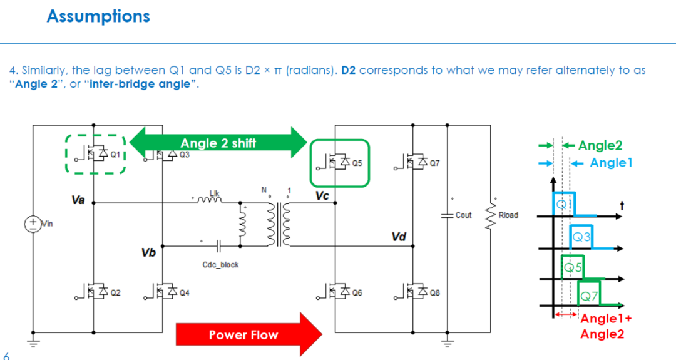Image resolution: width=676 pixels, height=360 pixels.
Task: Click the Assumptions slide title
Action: coord(98,16)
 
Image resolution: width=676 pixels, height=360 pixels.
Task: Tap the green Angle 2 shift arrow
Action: coord(218,143)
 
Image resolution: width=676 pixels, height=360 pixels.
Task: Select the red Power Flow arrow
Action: coord(249,334)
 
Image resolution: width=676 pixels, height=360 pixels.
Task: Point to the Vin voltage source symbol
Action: coord(33,224)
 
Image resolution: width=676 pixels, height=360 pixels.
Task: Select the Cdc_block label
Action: coord(220,265)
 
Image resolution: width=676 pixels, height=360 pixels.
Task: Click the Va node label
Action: coord(78,200)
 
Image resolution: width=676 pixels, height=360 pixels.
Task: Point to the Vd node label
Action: coord(399,237)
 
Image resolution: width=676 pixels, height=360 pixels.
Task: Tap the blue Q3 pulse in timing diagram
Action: coord(581,237)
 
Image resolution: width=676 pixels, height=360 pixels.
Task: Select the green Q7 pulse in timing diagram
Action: coord(589,293)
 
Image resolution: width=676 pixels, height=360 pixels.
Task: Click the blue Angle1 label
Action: coord(612,163)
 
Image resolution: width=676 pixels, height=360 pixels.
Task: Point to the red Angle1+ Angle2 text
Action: coord(606,326)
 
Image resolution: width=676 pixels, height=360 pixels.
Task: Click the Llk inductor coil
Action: coord(210,199)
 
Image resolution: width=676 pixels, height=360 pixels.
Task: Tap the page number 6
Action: coord(6,356)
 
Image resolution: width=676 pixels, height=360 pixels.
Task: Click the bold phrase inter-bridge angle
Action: coord(140,84)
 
